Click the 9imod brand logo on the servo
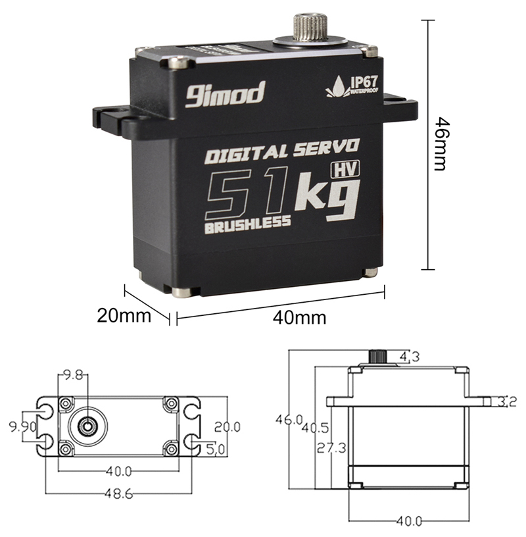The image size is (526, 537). pyautogui.click(x=225, y=94)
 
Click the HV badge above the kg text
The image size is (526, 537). pyautogui.click(x=346, y=170)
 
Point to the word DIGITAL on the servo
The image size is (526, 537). pyautogui.click(x=246, y=154)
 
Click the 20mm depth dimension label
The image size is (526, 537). pyautogui.click(x=124, y=316)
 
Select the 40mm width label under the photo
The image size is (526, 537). pyautogui.click(x=299, y=318)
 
